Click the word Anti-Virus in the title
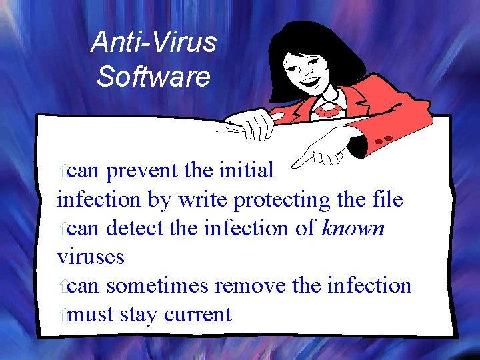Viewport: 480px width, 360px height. coord(153,42)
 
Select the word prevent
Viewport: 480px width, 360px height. coord(143,171)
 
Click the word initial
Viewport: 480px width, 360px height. coord(246,171)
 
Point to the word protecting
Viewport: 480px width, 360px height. coord(281,200)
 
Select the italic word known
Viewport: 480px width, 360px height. coord(353,228)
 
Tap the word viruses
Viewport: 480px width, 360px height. coord(91,257)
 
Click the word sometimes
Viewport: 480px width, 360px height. coord(158,285)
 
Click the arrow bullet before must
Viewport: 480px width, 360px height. coord(62,315)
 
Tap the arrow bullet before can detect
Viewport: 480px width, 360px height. coord(62,229)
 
